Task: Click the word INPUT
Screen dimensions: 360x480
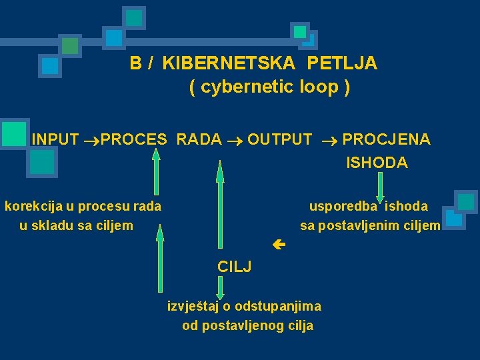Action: click(55, 139)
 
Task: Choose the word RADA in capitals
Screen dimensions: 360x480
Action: click(199, 139)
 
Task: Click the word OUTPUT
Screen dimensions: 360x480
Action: click(279, 139)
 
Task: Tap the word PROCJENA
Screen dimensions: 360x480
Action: click(386, 139)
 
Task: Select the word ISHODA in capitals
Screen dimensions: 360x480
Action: click(377, 163)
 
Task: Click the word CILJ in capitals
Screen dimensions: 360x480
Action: click(234, 267)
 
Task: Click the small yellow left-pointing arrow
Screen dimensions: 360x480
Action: click(279, 245)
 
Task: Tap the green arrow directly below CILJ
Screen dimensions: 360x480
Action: click(221, 288)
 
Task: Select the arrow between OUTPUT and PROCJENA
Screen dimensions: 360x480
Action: click(327, 140)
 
